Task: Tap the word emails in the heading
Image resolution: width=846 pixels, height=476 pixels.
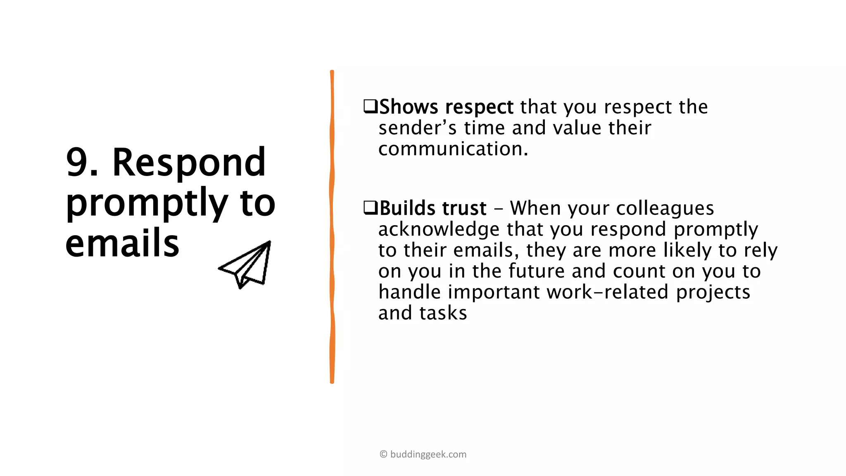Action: click(x=122, y=244)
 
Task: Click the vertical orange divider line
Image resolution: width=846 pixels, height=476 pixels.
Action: click(x=332, y=227)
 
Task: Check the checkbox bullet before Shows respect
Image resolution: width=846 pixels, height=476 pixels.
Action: click(x=370, y=107)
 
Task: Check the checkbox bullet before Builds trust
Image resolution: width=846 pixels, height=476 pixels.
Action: click(x=370, y=208)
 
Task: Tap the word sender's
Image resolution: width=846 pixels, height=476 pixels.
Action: click(x=418, y=128)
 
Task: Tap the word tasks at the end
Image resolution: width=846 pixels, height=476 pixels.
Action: click(x=443, y=313)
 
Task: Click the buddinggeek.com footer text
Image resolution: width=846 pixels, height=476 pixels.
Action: click(x=428, y=455)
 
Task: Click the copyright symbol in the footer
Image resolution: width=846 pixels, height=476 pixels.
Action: click(x=383, y=455)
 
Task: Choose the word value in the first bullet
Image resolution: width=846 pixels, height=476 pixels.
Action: click(x=577, y=128)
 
